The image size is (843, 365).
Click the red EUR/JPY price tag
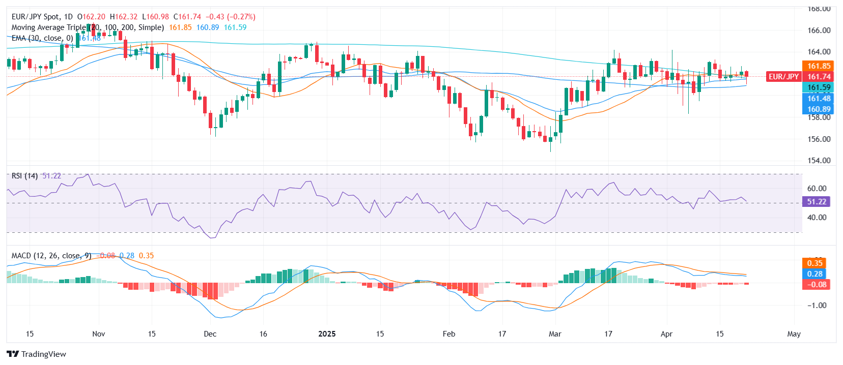pos(783,77)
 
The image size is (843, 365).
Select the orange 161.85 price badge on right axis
pos(819,66)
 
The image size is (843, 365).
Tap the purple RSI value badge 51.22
pos(816,202)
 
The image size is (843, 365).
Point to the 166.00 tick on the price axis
pos(819,31)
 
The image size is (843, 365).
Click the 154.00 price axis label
pos(819,161)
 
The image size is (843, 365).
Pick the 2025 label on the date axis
pos(327,334)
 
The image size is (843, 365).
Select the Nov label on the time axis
pos(99,334)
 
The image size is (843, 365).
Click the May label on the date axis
pos(794,334)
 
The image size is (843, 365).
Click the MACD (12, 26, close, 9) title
pos(51,256)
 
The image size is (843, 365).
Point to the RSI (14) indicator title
pos(24,176)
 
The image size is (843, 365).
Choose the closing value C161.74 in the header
pos(187,17)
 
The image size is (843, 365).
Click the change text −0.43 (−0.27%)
pos(230,17)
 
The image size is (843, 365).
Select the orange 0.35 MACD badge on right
pos(814,263)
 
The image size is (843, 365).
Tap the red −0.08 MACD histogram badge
pos(816,285)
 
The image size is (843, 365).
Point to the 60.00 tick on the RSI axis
pos(817,189)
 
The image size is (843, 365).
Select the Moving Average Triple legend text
pos(48,27)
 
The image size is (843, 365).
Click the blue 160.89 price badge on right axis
pos(819,109)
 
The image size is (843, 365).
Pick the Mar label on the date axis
pos(555,334)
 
